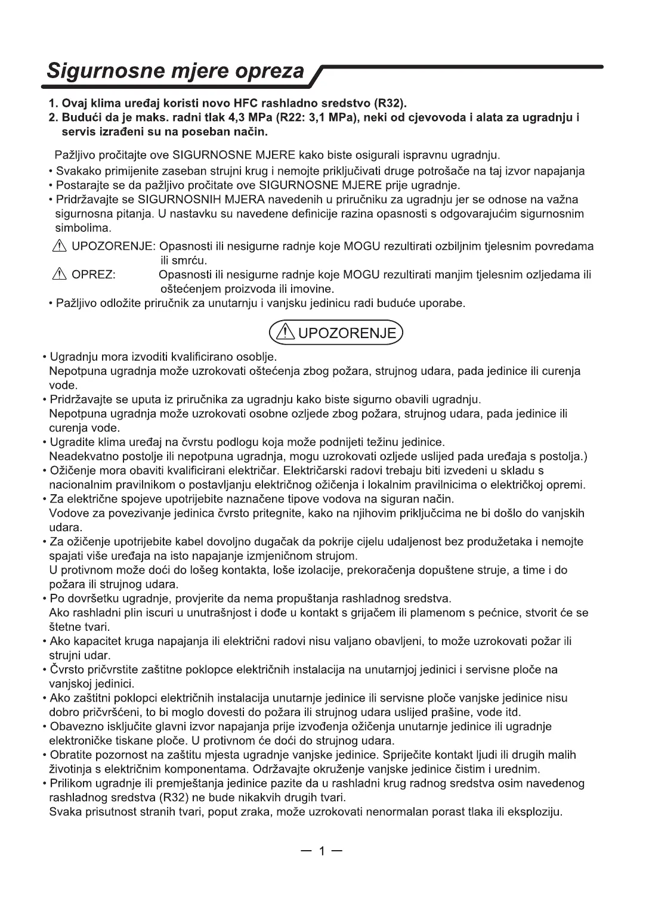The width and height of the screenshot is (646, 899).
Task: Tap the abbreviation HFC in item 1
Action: pos(244,103)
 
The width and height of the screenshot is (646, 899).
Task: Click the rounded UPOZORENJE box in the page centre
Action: pos(336,333)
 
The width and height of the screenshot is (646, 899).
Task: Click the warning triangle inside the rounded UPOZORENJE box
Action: pos(285,333)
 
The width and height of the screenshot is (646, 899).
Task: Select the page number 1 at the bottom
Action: pos(322,851)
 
